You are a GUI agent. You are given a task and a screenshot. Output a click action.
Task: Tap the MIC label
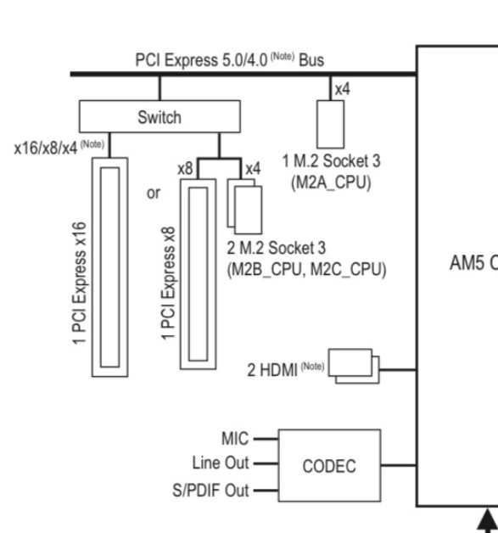pyautogui.click(x=235, y=439)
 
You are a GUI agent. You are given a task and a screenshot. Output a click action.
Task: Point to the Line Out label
pyautogui.click(x=221, y=463)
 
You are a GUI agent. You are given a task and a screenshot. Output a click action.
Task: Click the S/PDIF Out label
pyautogui.click(x=211, y=491)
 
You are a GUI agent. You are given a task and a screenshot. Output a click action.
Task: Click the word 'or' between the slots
pyautogui.click(x=154, y=193)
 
